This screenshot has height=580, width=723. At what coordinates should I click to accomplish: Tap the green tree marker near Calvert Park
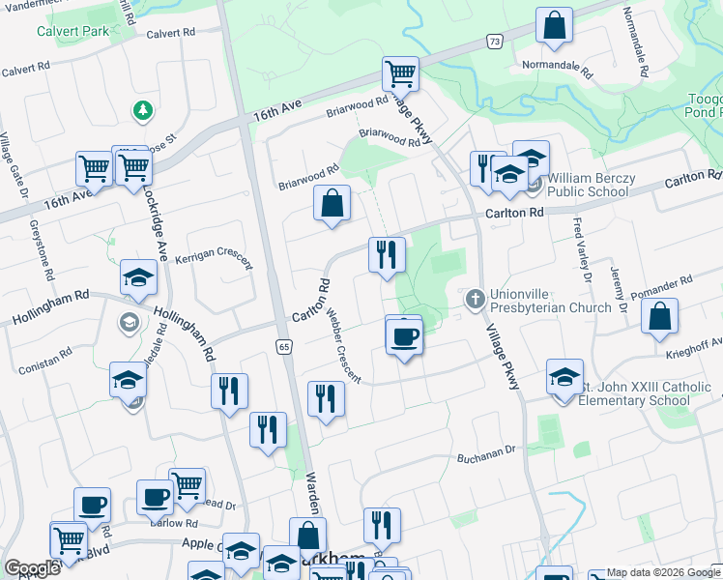143,109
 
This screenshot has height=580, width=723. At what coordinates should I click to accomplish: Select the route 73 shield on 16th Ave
495,42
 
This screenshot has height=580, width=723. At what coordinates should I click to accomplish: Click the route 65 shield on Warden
283,346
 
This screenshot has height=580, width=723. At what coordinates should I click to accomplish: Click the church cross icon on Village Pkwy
475,299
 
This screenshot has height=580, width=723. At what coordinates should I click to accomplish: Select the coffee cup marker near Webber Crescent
403,337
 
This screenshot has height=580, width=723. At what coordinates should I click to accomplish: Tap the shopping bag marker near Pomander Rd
659,317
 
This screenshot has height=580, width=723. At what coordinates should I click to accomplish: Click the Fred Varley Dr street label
582,250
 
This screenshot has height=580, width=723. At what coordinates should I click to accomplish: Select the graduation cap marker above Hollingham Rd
138,277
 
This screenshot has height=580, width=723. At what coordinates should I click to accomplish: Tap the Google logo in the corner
32,568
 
